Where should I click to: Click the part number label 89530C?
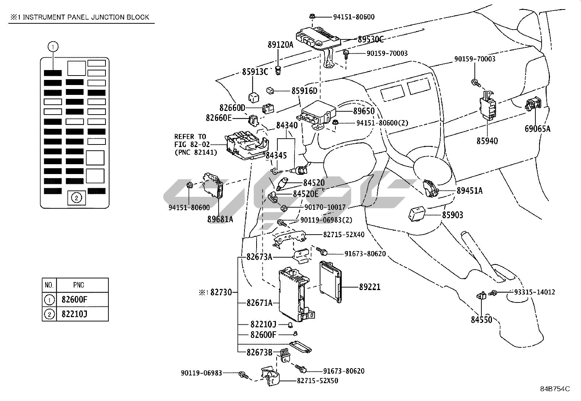point(370,39)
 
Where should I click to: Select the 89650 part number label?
point(364,111)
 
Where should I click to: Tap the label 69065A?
point(538,129)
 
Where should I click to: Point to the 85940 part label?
point(487,141)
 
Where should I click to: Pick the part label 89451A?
point(469,190)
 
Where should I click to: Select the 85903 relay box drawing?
point(417,214)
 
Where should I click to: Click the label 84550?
point(481,320)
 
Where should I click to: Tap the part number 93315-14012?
point(535,292)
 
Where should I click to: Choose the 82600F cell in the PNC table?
point(74,300)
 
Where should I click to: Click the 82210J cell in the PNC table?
point(74,314)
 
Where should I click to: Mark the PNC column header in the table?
point(78,285)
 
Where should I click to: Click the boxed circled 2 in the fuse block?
point(76,198)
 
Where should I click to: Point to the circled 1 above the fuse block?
point(53,47)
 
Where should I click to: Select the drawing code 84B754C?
point(555,389)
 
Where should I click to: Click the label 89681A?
point(220,219)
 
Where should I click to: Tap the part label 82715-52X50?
point(318,381)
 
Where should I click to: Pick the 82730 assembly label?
point(221,292)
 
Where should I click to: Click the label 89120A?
point(280,45)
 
